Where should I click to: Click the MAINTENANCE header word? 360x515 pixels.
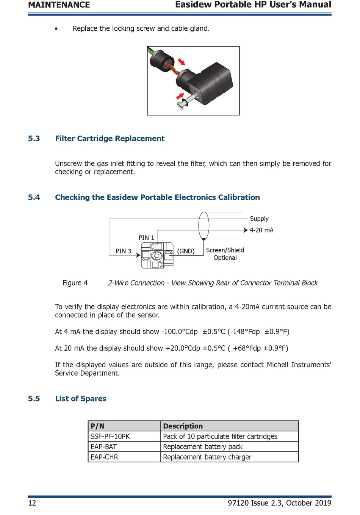pyautogui.click(x=59, y=5)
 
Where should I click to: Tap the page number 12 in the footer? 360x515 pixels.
pyautogui.click(x=32, y=503)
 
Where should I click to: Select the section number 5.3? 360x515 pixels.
pyautogui.click(x=34, y=139)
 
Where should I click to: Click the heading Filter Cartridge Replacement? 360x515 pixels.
pyautogui.click(x=110, y=139)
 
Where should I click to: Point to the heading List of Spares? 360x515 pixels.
pyautogui.click(x=80, y=399)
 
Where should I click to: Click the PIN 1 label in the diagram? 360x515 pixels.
pyautogui.click(x=146, y=238)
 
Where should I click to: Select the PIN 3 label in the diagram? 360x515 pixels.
pyautogui.click(x=123, y=251)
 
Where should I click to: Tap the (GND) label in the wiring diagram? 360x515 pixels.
pyautogui.click(x=186, y=251)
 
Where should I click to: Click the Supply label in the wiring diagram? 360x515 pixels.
pyautogui.click(x=259, y=218)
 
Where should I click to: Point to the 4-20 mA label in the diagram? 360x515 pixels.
pyautogui.click(x=261, y=230)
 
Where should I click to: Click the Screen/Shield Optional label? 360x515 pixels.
pyautogui.click(x=225, y=254)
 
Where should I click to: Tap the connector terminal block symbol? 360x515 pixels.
pyautogui.click(x=157, y=256)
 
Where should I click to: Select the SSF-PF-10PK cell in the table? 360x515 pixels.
pyautogui.click(x=110, y=437)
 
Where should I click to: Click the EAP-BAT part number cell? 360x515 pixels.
pyautogui.click(x=103, y=447)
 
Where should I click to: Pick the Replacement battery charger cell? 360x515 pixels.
pyautogui.click(x=207, y=457)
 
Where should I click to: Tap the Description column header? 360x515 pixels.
pyautogui.click(x=183, y=426)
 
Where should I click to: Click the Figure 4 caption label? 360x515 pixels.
pyautogui.click(x=75, y=283)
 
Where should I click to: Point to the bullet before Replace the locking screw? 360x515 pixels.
pyautogui.click(x=56, y=29)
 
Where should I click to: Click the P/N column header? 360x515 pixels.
pyautogui.click(x=97, y=426)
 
